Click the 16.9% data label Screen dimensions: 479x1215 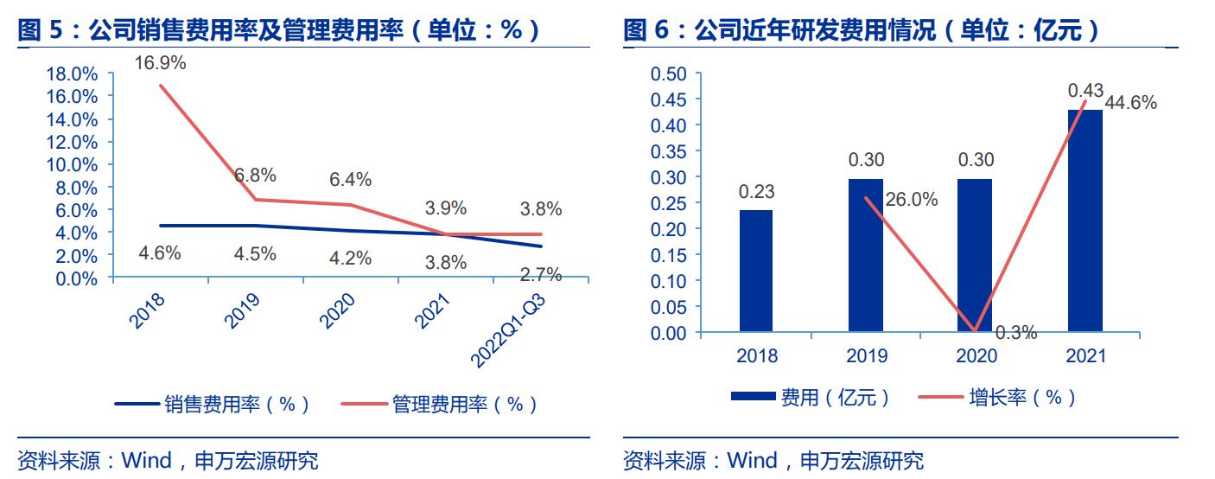(x=160, y=62)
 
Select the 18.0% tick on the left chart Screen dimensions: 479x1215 (x=71, y=73)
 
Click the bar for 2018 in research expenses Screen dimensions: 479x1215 (x=756, y=271)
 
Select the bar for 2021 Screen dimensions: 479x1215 (x=1085, y=220)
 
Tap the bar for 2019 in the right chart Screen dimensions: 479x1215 (x=866, y=255)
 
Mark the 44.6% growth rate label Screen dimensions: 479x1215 (x=1131, y=103)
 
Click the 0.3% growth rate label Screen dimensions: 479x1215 (x=1015, y=332)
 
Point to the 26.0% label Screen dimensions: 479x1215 (x=913, y=200)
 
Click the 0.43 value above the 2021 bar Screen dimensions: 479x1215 (x=1085, y=90)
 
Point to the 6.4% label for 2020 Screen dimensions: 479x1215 (x=350, y=180)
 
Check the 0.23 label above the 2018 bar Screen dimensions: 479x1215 (x=756, y=192)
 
